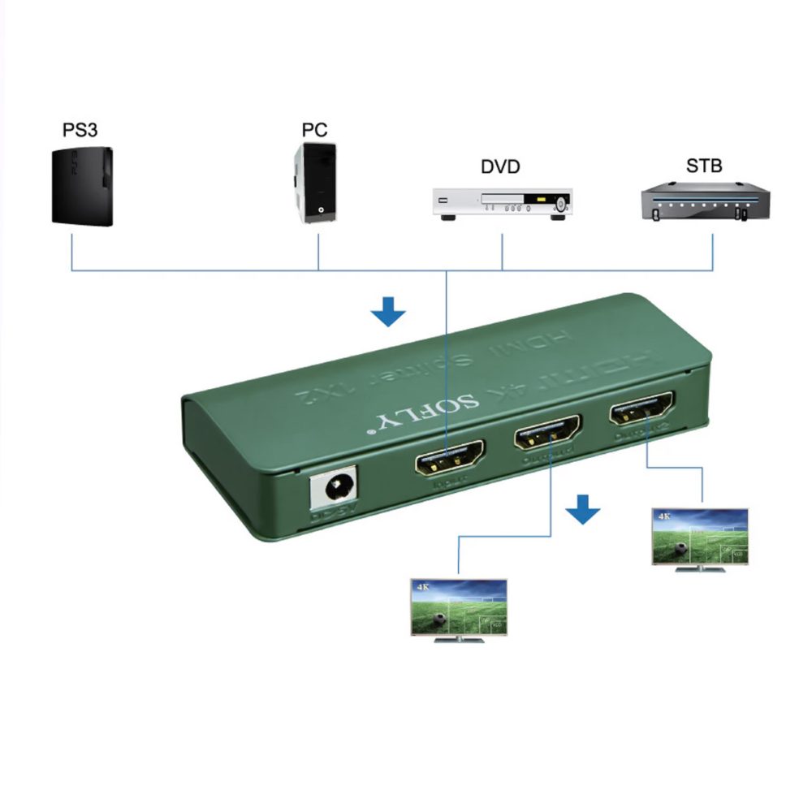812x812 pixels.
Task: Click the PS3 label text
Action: coord(80,130)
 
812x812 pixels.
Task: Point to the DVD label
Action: coord(500,167)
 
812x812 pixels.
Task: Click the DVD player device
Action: coord(502,203)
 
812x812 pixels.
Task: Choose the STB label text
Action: coord(703,166)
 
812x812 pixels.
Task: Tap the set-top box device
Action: coord(704,202)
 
